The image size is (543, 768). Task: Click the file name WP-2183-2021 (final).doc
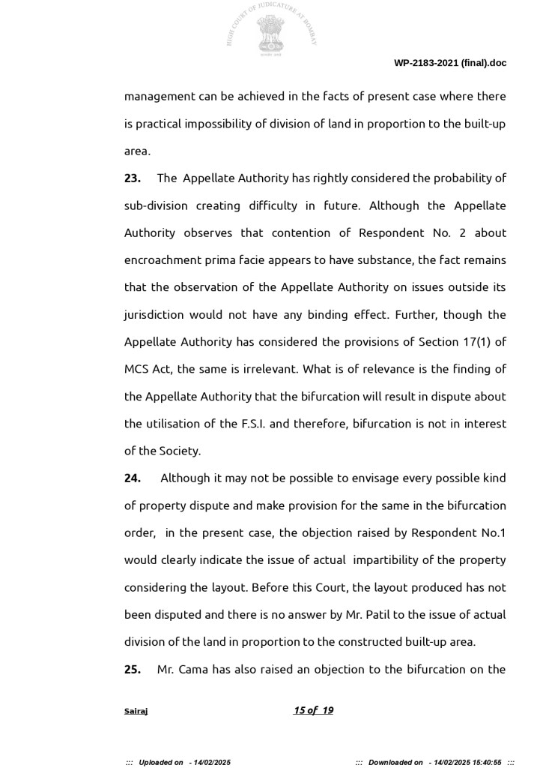450,63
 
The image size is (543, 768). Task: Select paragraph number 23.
133,178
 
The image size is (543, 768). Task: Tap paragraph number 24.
133,478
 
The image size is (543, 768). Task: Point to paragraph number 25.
133,670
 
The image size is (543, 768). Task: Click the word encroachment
160,260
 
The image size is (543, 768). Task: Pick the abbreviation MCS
137,369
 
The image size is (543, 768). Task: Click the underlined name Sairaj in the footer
136,711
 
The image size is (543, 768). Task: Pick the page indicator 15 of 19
313,710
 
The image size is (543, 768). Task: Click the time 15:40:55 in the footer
486,762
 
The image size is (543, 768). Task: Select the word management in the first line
160,97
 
